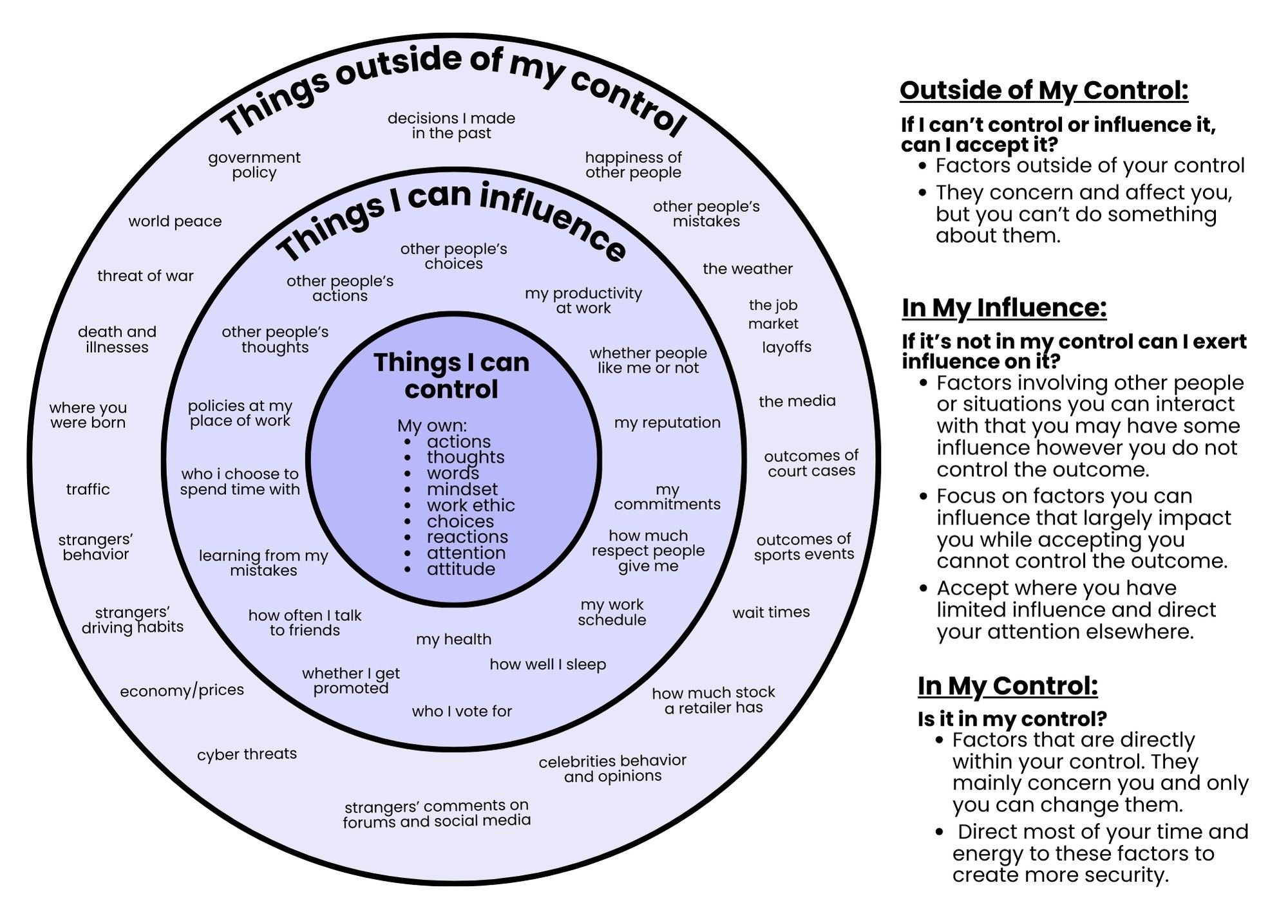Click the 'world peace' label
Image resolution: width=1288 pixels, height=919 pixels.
coord(175,221)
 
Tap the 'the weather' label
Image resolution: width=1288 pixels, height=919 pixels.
coord(747,268)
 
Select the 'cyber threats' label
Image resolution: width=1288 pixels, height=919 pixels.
coord(247,754)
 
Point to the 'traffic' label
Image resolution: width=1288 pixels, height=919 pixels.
coord(88,489)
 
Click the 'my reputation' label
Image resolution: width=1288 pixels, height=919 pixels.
coord(667,422)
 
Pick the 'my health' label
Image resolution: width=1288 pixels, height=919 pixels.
coord(453,639)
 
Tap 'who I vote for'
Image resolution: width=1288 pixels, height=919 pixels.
coord(462,711)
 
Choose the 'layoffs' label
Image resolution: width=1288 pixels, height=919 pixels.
coord(786,347)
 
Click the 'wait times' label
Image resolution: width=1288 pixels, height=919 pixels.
coord(771,612)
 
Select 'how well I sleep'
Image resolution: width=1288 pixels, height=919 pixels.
coord(547,664)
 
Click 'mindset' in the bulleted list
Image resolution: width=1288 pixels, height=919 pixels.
coord(462,489)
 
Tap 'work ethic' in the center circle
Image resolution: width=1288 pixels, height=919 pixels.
coord(470,505)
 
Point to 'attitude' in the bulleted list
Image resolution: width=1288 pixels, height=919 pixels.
coord(460,569)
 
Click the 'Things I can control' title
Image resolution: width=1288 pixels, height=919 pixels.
coord(451,376)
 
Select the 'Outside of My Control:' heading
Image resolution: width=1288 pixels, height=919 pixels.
coord(1043,91)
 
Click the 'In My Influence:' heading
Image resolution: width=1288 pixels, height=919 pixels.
coord(1004,308)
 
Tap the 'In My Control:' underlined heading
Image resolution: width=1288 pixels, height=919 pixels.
coord(1007,686)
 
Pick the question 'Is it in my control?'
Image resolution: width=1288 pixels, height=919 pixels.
coord(1012,718)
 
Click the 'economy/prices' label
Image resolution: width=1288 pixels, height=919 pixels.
coord(182,691)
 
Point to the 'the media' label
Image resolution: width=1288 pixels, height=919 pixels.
coord(797,401)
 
